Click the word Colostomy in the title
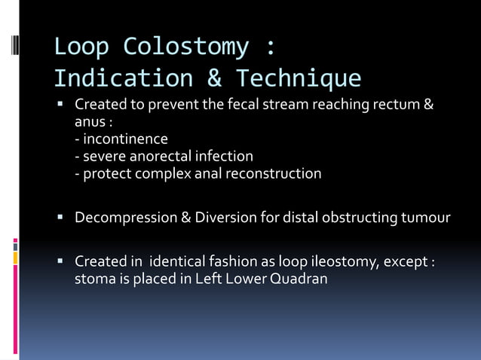[x=185, y=47]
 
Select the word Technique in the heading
[x=299, y=78]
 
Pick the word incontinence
[x=125, y=139]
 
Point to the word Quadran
[x=299, y=279]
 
